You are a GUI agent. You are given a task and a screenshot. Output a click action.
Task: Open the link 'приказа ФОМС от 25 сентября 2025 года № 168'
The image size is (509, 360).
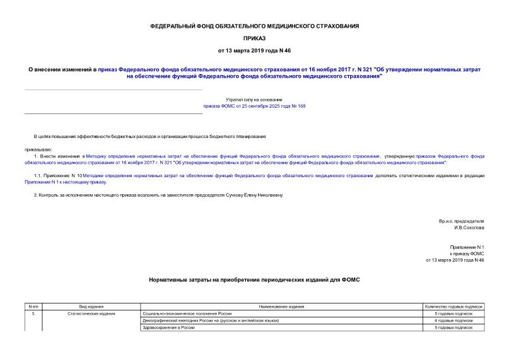point(254,106)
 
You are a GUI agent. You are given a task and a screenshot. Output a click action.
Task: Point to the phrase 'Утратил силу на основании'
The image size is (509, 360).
point(254,100)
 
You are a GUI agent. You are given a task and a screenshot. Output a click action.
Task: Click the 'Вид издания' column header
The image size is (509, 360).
point(83,306)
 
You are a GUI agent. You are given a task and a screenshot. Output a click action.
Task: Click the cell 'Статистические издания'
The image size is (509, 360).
point(83,313)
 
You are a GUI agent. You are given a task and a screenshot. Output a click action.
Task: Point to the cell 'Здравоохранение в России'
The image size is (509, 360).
point(170,328)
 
